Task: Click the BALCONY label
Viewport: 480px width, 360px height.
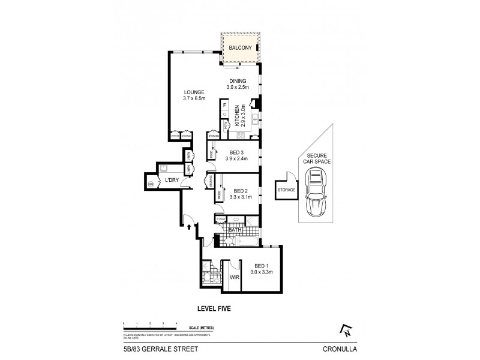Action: coord(239,45)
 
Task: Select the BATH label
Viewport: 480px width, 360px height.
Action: coord(235,229)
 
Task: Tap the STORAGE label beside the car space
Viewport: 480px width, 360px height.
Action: coord(286,190)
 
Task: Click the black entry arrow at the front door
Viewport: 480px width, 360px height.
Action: coord(190,227)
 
